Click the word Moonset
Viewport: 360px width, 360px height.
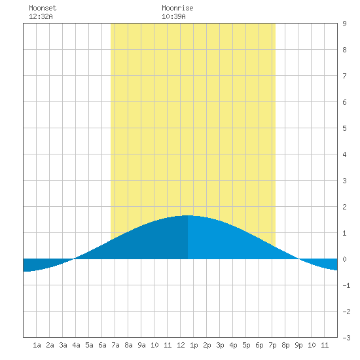pos(43,8)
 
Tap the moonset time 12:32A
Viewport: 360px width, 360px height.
pos(41,16)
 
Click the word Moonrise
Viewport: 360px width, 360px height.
pos(177,8)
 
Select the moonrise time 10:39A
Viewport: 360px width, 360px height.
pos(173,16)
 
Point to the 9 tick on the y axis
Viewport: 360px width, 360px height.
pos(344,24)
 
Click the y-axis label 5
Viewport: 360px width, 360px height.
pos(344,128)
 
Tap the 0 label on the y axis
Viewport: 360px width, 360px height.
pos(344,259)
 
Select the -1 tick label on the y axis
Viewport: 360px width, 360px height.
pos(346,285)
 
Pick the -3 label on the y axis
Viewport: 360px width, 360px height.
pos(346,338)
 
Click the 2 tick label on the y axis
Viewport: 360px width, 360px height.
pos(344,207)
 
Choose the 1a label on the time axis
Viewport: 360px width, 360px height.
pos(37,345)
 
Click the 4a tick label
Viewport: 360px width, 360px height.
pos(76,345)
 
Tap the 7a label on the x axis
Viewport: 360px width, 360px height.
pos(115,345)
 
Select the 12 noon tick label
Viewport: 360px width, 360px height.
pos(181,345)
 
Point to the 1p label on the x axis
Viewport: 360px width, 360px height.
pos(194,345)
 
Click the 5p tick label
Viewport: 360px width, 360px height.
pos(246,345)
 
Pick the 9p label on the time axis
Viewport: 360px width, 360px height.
pos(298,345)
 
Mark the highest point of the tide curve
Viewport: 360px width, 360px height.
pos(188,215)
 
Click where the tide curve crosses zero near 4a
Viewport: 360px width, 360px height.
pos(74,259)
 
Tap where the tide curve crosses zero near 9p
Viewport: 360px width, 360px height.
pos(298,259)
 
